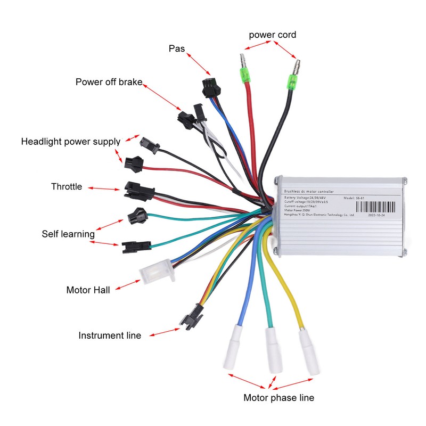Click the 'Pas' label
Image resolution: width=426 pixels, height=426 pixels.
177,48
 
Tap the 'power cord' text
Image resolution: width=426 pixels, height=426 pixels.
272,35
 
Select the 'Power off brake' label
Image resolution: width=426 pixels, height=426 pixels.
109,82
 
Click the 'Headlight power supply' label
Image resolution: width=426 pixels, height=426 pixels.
71,142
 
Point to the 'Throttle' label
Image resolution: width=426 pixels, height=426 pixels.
67,186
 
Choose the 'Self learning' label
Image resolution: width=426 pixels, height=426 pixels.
68,234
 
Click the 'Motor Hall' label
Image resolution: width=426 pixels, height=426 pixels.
88,290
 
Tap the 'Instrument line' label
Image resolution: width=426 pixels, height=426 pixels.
110,335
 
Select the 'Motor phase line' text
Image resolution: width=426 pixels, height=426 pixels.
278,398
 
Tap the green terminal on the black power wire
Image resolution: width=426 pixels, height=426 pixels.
292,81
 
